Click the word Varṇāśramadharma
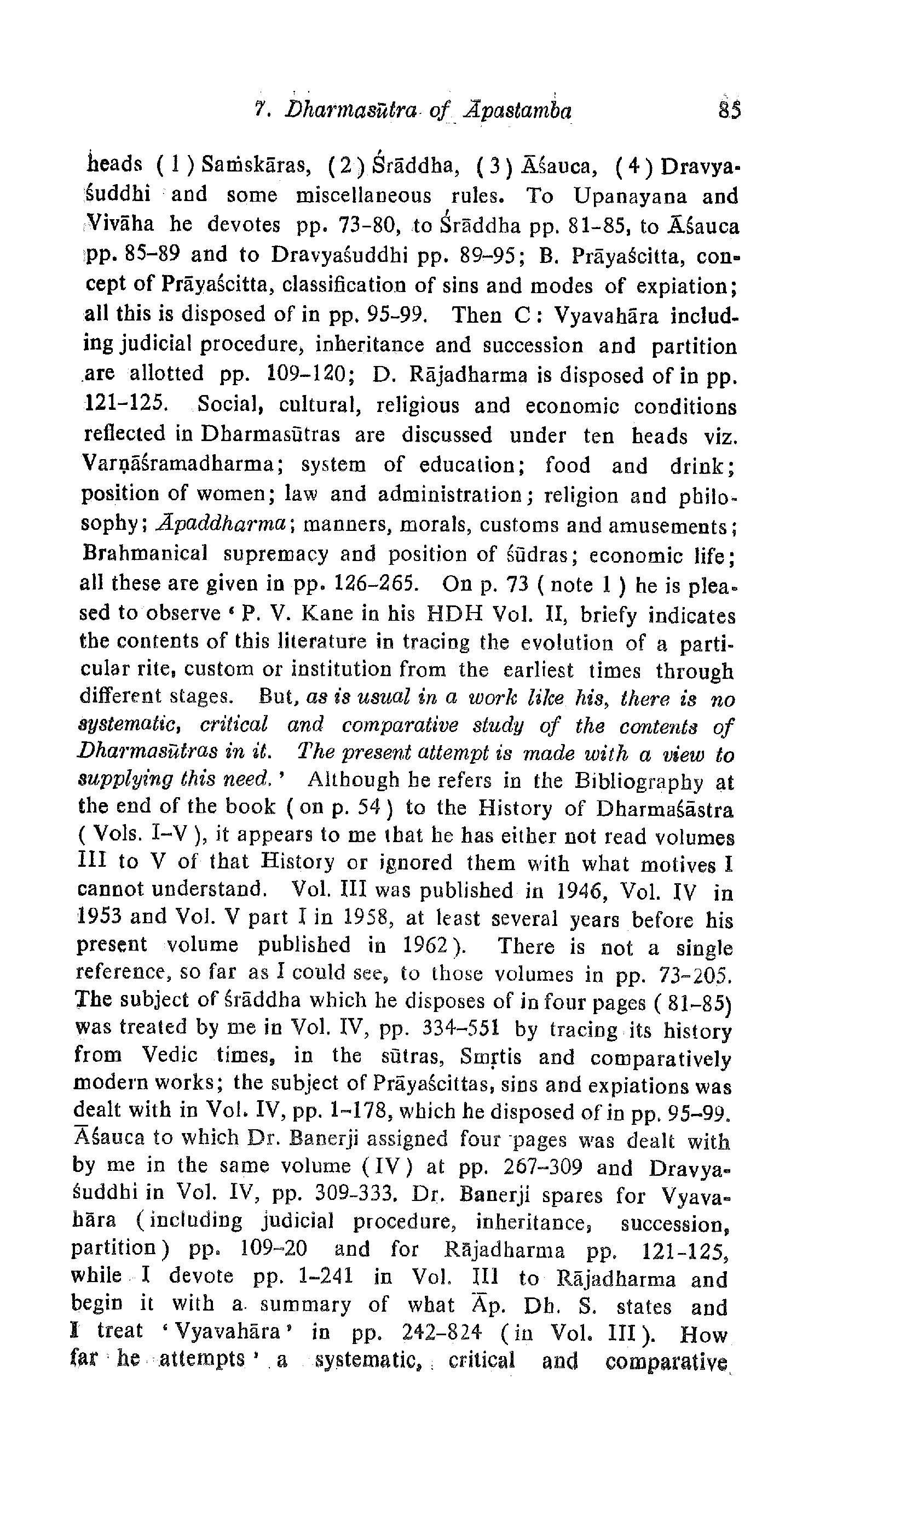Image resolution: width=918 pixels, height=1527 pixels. pos(182,465)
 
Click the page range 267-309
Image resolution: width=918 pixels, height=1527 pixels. pos(542,1168)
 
